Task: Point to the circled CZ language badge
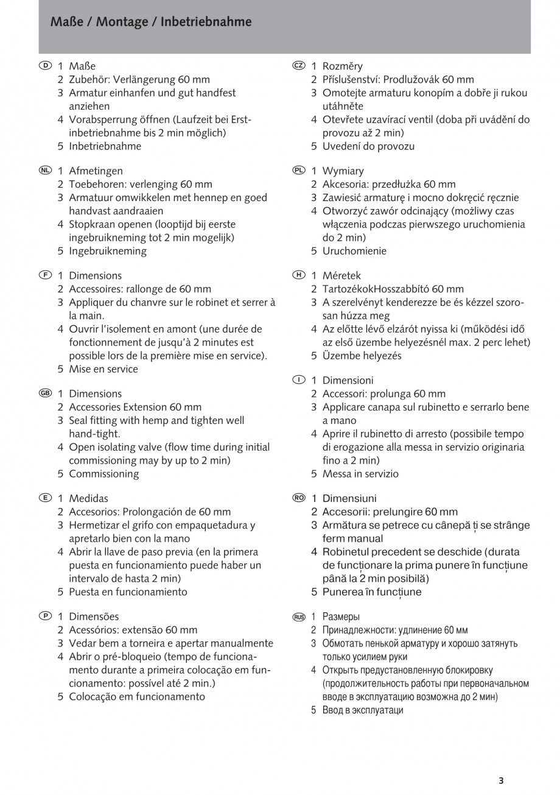298,65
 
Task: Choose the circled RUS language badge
298,617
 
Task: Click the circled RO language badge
298,498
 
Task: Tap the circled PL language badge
298,171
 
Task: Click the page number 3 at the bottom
501,780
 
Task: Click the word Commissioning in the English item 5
103,474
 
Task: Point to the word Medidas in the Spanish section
88,498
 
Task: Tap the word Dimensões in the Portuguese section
94,617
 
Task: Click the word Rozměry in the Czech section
342,66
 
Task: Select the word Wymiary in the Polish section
343,171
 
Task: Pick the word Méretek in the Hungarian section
341,276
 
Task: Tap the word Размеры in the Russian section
341,617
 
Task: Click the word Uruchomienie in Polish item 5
354,251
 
